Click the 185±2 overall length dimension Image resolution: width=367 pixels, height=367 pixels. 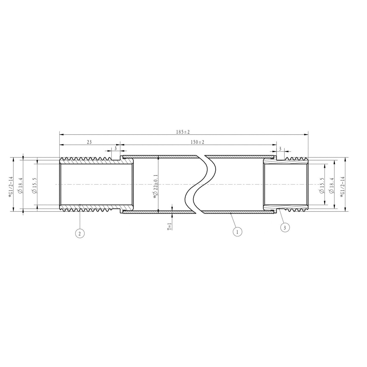183,132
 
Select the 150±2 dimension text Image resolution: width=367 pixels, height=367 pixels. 197,142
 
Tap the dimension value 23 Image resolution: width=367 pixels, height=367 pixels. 89,142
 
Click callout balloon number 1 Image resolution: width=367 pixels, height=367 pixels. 237,232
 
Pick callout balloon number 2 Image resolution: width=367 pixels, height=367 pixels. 79,233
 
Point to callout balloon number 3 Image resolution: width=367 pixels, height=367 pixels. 285,227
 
